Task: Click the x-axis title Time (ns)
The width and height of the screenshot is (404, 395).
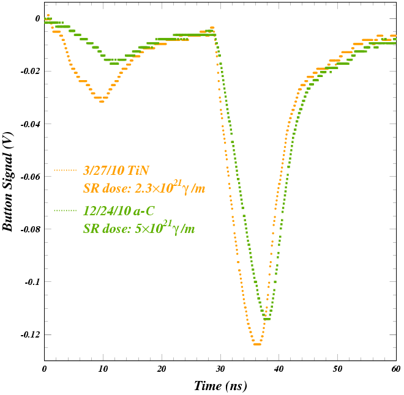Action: click(220, 386)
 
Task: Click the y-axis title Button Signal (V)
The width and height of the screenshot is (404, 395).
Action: click(8, 182)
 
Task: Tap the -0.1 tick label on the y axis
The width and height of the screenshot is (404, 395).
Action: click(31, 282)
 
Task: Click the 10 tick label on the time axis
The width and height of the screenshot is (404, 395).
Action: click(103, 369)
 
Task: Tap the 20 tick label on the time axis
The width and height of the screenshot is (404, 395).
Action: click(162, 369)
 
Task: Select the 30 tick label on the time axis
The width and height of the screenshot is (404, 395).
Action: click(220, 369)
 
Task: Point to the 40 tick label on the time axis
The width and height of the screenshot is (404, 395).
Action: click(279, 369)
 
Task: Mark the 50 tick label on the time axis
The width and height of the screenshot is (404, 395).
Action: click(337, 369)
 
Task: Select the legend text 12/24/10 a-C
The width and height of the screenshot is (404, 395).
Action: click(119, 211)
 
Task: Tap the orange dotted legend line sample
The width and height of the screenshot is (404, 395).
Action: click(65, 170)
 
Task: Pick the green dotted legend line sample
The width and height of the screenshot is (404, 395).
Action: click(65, 210)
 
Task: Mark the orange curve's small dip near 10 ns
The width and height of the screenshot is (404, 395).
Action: click(102, 101)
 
